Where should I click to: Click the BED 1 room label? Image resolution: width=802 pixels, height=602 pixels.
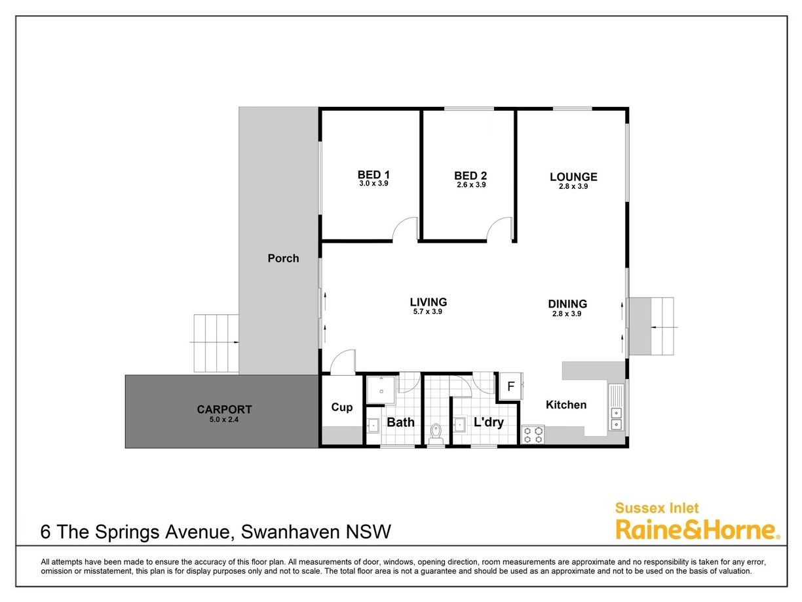(x=373, y=174)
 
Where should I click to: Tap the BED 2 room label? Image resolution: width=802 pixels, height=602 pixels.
(x=470, y=176)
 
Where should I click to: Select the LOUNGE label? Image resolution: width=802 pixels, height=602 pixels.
(x=573, y=177)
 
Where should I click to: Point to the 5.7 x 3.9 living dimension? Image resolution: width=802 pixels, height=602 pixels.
(x=427, y=311)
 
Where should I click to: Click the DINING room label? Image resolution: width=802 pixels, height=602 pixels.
(x=567, y=304)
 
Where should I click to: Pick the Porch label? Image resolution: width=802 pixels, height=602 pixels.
(x=283, y=258)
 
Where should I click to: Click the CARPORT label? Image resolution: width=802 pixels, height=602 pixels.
(x=224, y=409)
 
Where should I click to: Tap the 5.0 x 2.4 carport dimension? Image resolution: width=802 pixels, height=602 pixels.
(x=224, y=420)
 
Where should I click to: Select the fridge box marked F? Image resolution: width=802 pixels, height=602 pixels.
(x=511, y=386)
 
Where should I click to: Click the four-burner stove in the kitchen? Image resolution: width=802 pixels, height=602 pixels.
(x=533, y=435)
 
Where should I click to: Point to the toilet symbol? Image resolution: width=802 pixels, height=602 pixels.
(x=436, y=433)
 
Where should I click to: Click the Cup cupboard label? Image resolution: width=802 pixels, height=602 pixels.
(x=342, y=407)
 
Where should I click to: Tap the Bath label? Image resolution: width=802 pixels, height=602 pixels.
(x=400, y=422)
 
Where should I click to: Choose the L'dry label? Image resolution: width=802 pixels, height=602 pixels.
(x=489, y=422)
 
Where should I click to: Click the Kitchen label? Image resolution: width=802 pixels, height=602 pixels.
(x=566, y=405)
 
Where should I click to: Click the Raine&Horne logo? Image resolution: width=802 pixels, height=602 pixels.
(x=698, y=530)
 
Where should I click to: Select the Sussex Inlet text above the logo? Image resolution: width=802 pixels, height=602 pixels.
(x=657, y=508)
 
